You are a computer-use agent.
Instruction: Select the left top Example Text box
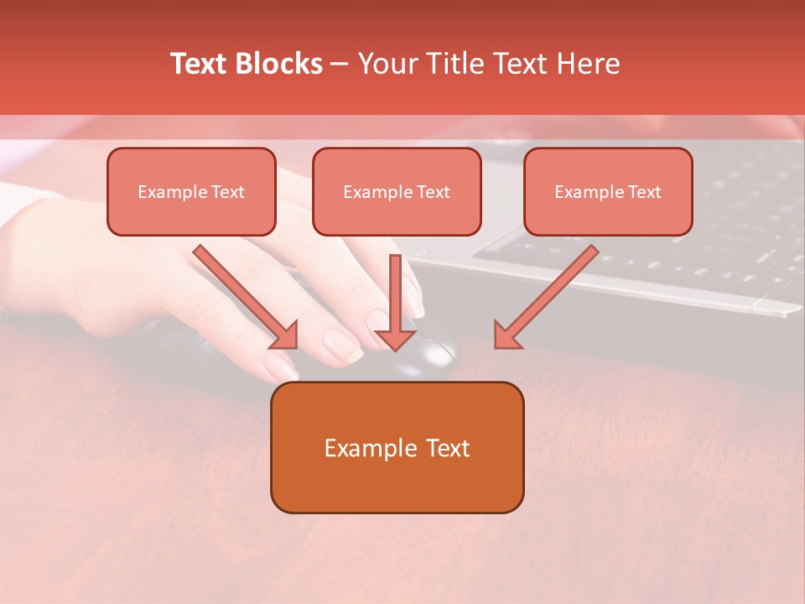(191, 192)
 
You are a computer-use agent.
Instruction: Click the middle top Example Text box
(397, 192)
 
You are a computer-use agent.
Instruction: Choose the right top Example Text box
(608, 192)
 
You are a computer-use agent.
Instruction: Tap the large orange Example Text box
(397, 447)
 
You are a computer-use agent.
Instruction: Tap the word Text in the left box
(228, 192)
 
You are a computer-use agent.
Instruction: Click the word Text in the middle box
(434, 192)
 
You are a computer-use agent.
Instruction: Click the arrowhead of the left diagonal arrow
(285, 336)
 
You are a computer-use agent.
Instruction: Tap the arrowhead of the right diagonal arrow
(507, 336)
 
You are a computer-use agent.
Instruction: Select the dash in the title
(340, 65)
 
